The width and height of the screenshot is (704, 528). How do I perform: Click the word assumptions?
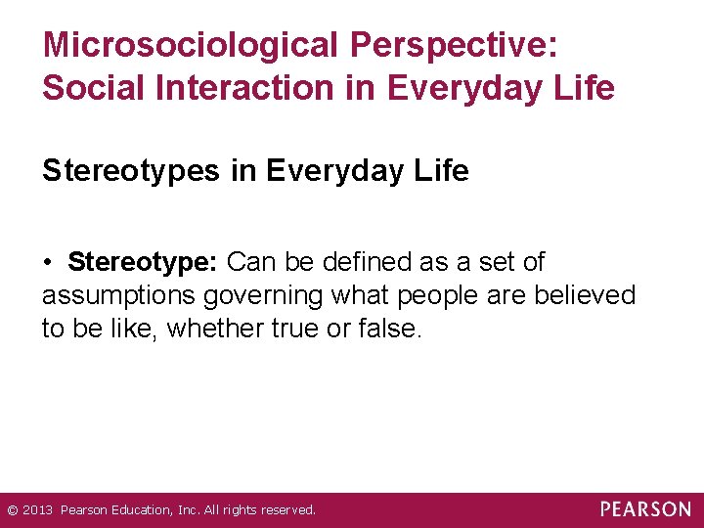pyautogui.click(x=120, y=295)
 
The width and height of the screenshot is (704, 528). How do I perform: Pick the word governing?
pyautogui.click(x=267, y=295)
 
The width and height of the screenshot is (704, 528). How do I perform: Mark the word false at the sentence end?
pyautogui.click(x=390, y=329)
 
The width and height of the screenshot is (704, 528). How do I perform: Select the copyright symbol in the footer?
pyautogui.click(x=12, y=510)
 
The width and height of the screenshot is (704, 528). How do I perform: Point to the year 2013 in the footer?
pyautogui.click(x=38, y=510)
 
